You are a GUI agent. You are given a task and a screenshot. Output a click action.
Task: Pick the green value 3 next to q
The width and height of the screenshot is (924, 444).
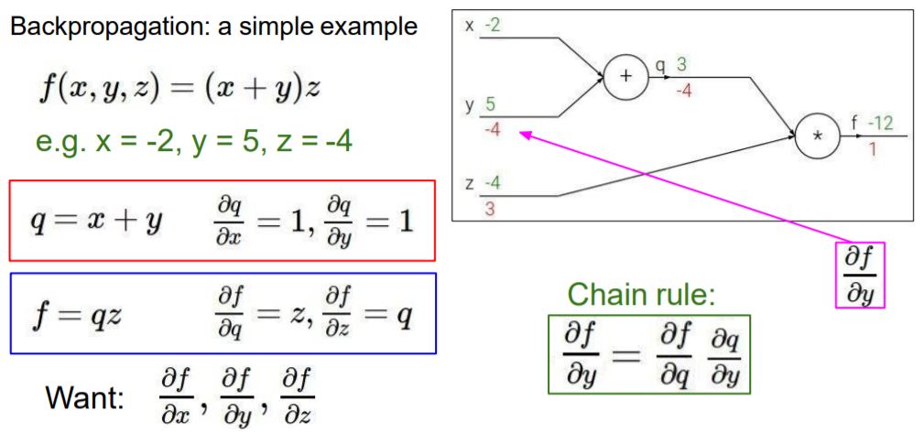(x=680, y=65)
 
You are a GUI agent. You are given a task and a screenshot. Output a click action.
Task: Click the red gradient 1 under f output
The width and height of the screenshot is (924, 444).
(x=874, y=148)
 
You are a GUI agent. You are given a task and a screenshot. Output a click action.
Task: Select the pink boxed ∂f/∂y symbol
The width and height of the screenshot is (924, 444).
(x=859, y=275)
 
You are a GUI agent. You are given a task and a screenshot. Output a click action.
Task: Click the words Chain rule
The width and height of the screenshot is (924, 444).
(x=640, y=295)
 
